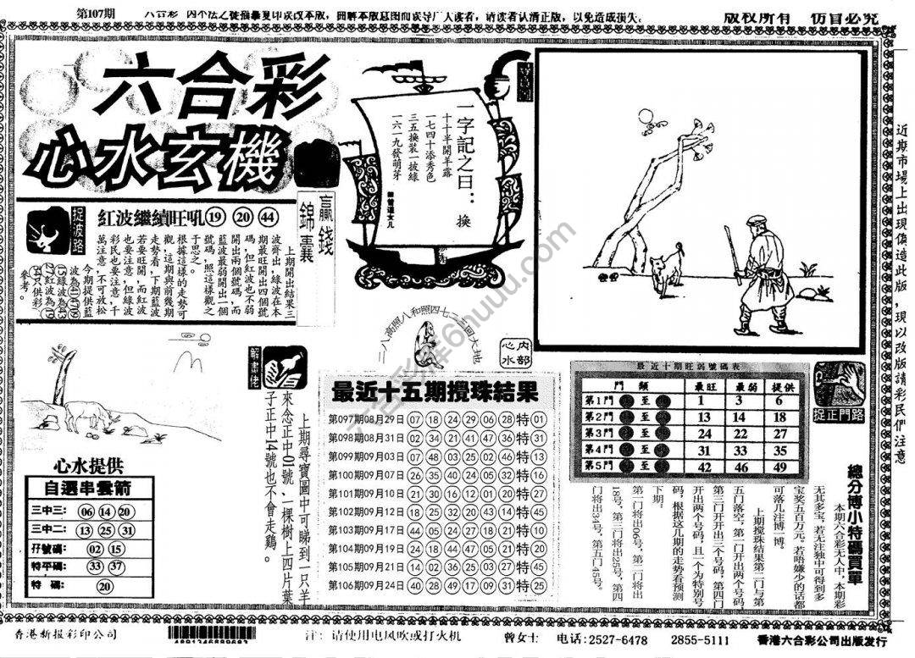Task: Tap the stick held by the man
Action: click(x=734, y=254)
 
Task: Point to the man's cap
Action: click(x=757, y=222)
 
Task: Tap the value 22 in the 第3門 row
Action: click(x=739, y=433)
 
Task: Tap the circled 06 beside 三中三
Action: click(x=86, y=511)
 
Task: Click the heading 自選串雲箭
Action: click(x=88, y=489)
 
